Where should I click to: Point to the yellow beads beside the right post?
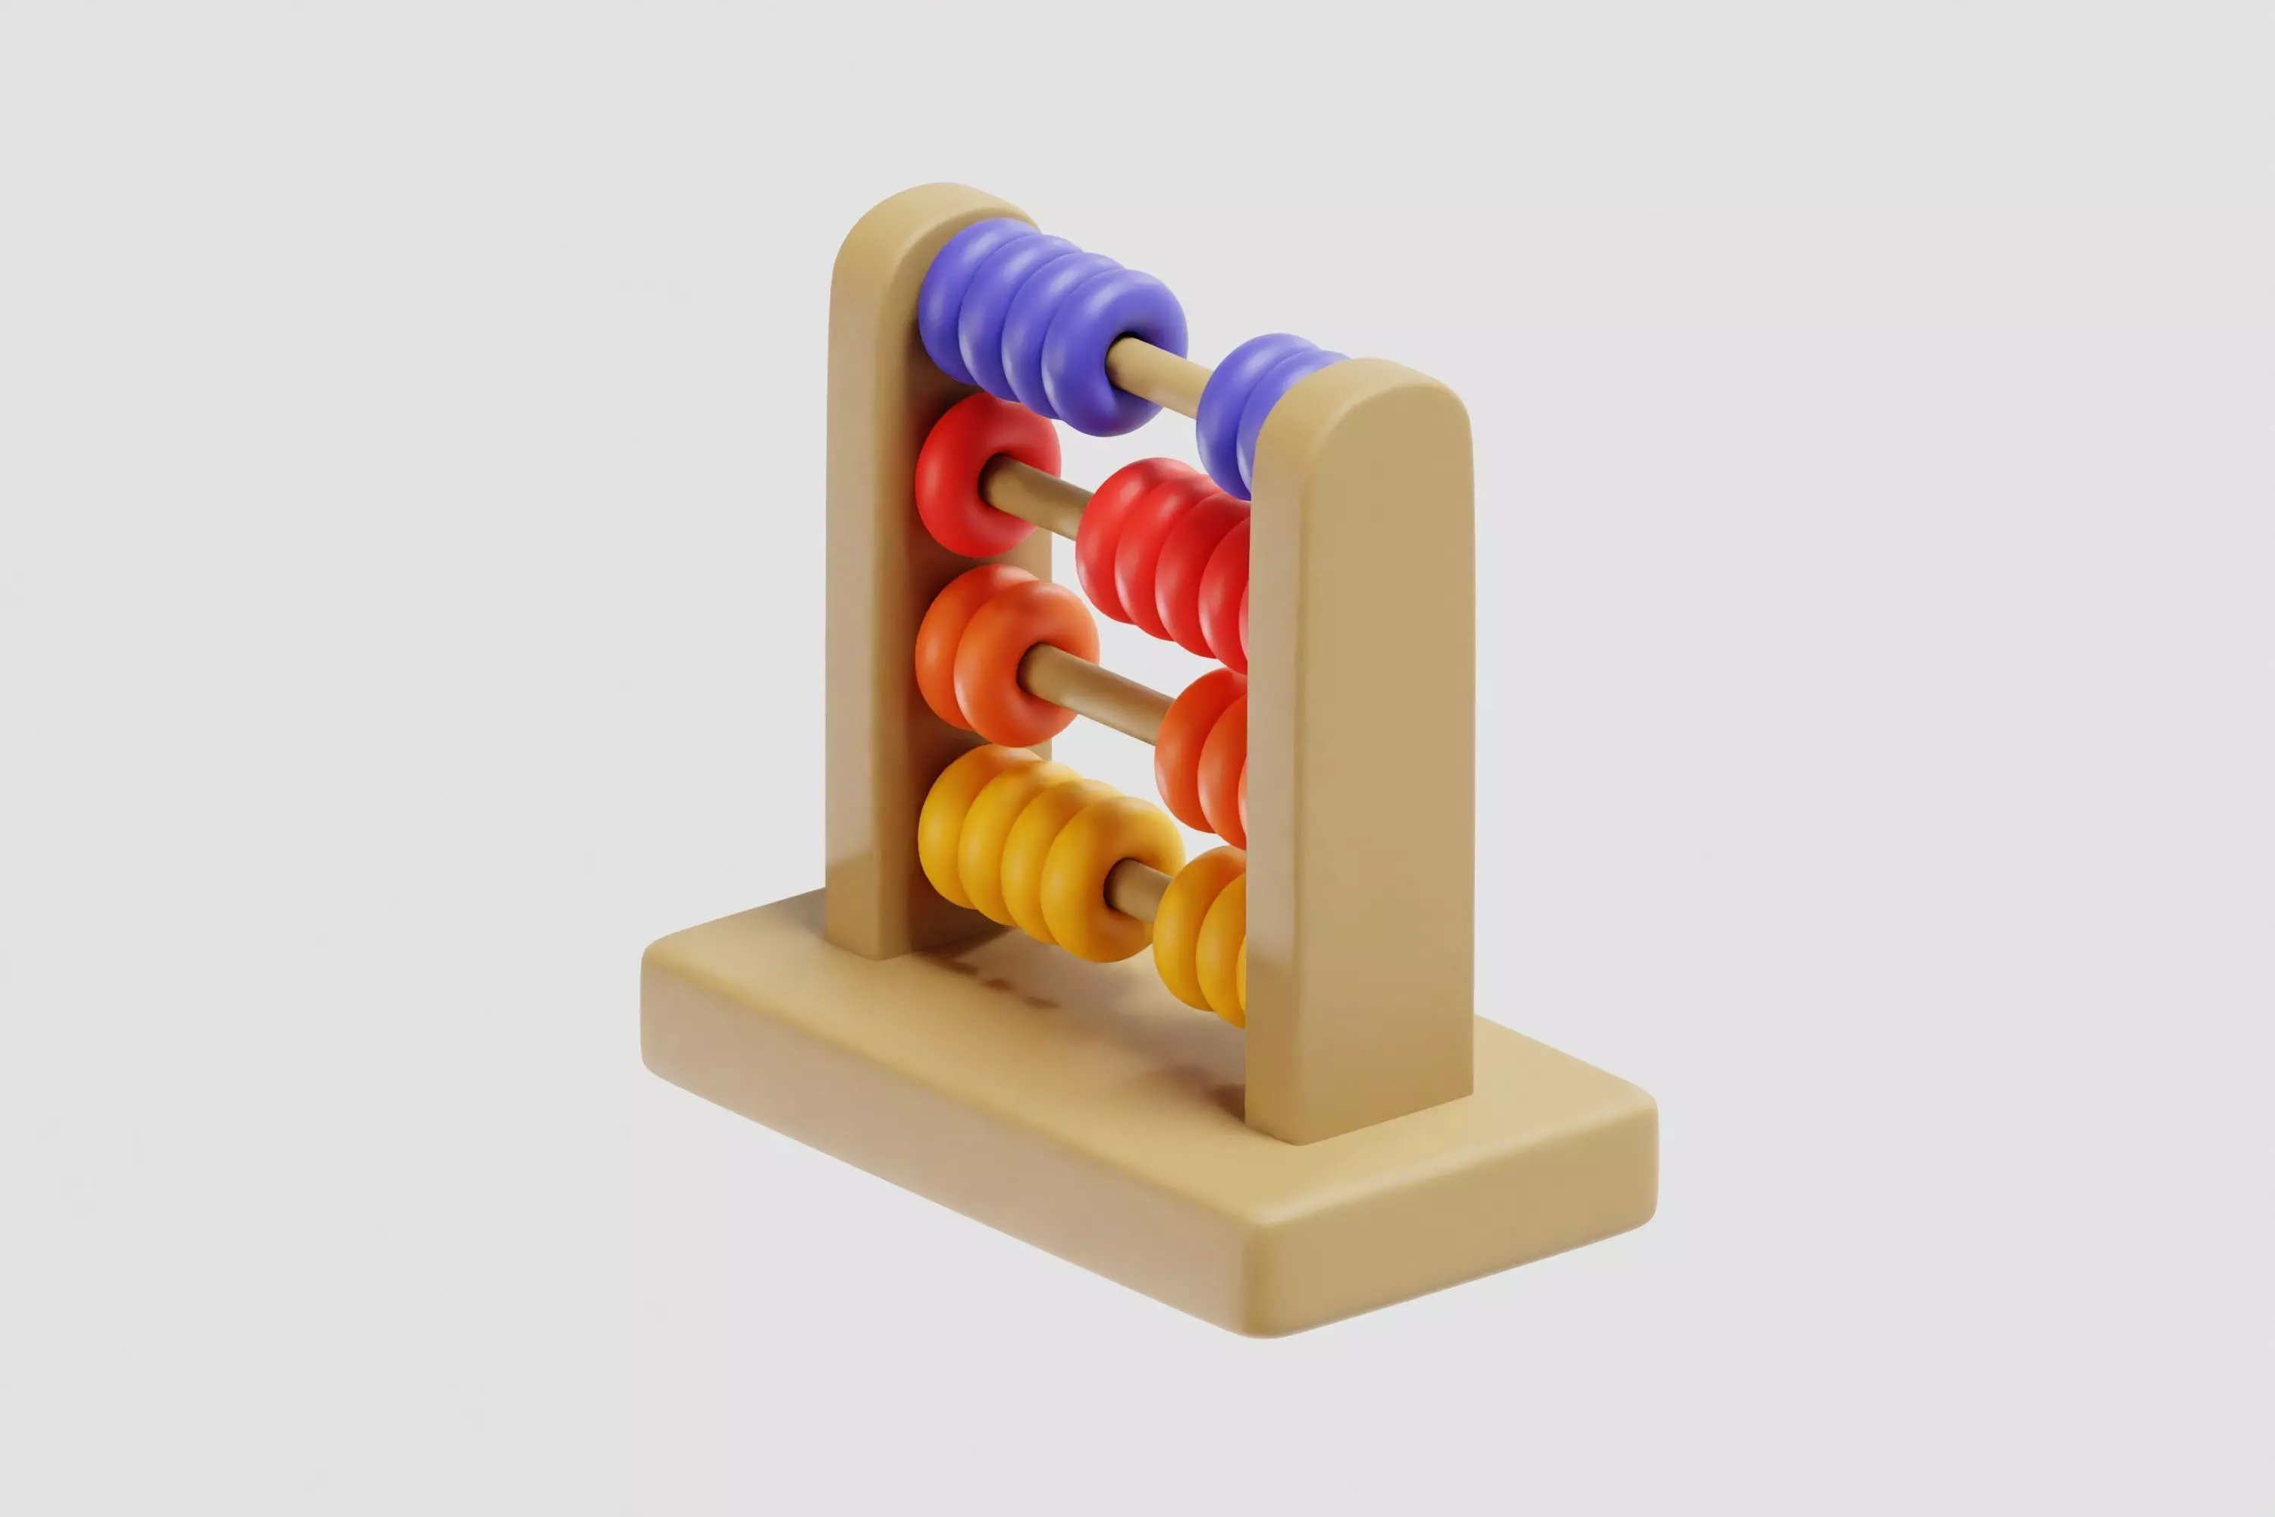pyautogui.click(x=1200, y=934)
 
